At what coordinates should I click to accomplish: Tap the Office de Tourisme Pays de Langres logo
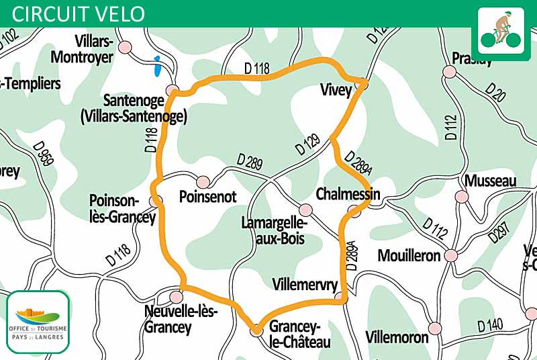click(x=38, y=321)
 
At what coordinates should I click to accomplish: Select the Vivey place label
click(x=336, y=91)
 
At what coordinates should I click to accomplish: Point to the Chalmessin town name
click(x=348, y=194)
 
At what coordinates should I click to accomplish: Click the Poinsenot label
click(x=208, y=197)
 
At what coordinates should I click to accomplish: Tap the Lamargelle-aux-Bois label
click(x=275, y=230)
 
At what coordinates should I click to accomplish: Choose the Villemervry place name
click(x=305, y=284)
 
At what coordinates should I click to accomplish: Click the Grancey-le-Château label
click(x=299, y=334)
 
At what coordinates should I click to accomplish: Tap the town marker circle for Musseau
click(x=461, y=197)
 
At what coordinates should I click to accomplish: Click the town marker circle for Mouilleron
click(x=450, y=256)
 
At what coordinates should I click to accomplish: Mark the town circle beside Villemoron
click(x=436, y=328)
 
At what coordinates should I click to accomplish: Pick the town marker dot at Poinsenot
click(x=203, y=181)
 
